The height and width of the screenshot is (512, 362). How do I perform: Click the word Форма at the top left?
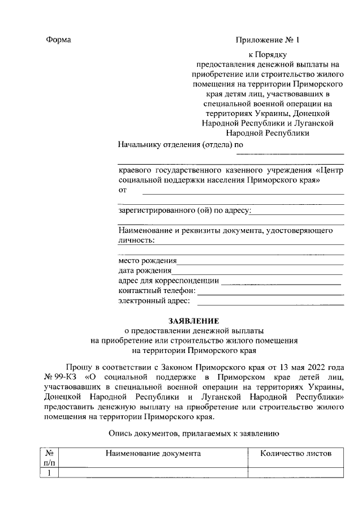click(58, 40)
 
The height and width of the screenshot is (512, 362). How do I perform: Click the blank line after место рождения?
click(260, 262)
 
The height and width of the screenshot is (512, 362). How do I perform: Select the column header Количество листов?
click(296, 453)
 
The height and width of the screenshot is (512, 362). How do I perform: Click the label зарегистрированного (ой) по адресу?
click(184, 211)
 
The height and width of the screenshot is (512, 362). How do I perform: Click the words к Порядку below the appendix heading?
click(268, 55)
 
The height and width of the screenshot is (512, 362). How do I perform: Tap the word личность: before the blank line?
click(136, 240)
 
